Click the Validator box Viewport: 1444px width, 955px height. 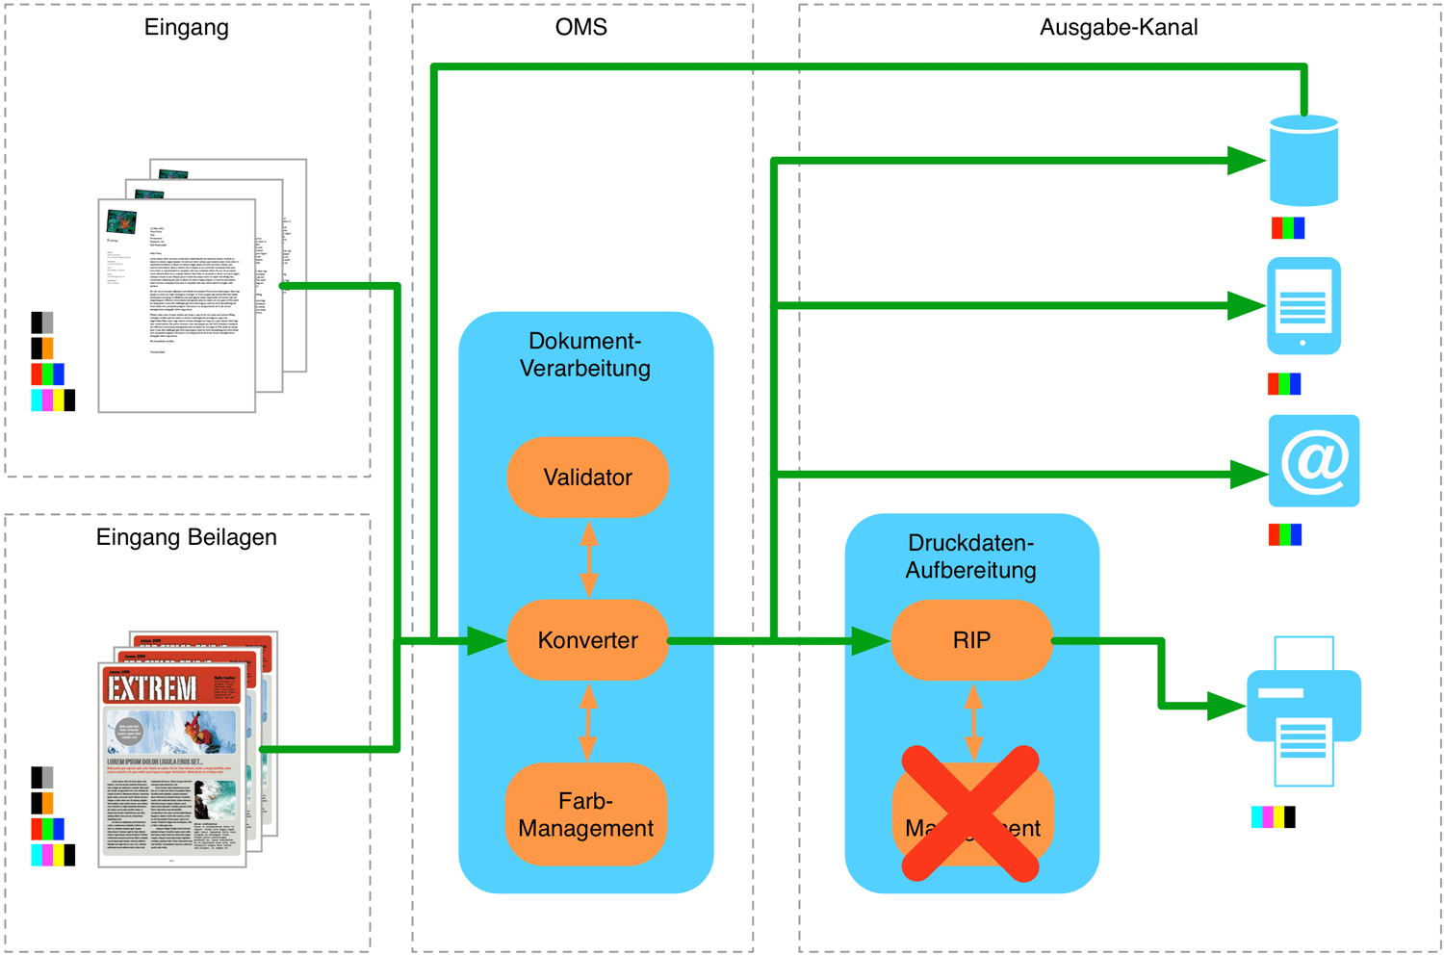587,477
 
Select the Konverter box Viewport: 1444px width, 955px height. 587,640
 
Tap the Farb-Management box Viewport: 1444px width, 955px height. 586,814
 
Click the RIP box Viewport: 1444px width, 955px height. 971,640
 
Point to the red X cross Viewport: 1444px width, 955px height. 970,813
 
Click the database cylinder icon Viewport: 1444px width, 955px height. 1303,161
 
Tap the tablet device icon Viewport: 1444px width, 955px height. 1303,306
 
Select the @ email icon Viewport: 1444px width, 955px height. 1313,461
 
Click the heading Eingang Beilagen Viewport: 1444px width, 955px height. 186,537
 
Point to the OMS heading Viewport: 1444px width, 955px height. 581,27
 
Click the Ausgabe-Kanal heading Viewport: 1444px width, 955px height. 1119,27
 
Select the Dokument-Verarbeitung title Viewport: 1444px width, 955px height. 585,354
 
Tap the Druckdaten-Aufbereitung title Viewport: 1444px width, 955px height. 970,556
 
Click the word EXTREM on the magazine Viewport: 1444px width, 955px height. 152,687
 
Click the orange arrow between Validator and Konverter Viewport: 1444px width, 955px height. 589,558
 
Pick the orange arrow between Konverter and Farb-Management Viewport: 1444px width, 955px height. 588,721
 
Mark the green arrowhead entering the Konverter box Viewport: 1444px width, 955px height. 486,641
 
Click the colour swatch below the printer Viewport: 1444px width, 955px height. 1273,817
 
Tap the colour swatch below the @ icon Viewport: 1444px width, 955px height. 1285,534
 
